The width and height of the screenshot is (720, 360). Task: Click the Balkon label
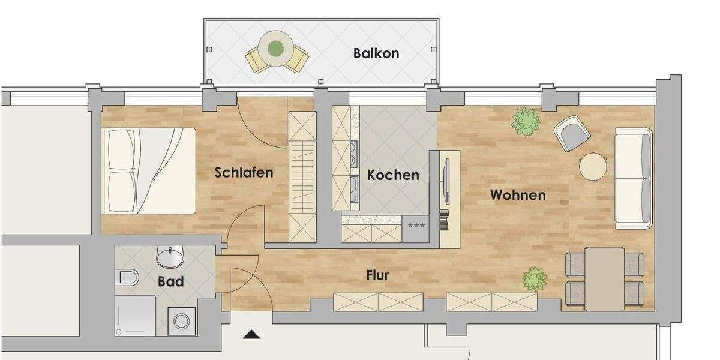(376, 53)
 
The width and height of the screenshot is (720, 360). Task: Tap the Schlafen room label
(244, 173)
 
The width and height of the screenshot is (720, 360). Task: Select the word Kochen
(393, 175)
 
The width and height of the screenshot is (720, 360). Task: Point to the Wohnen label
(518, 195)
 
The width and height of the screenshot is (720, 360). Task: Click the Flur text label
(377, 275)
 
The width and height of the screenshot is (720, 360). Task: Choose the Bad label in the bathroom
(170, 281)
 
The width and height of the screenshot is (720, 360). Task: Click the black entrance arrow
(251, 334)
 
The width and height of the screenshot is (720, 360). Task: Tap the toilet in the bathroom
(128, 277)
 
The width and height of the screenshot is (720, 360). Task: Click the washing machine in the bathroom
(181, 321)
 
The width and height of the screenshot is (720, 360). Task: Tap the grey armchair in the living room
(571, 133)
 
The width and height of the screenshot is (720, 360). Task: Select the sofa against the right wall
(633, 178)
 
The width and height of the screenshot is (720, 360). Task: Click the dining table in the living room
(604, 278)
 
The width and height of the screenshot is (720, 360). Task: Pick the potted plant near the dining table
(534, 279)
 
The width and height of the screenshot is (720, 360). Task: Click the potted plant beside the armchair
(526, 122)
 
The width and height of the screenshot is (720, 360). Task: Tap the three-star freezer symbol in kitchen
(416, 226)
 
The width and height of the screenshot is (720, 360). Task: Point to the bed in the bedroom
(150, 171)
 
